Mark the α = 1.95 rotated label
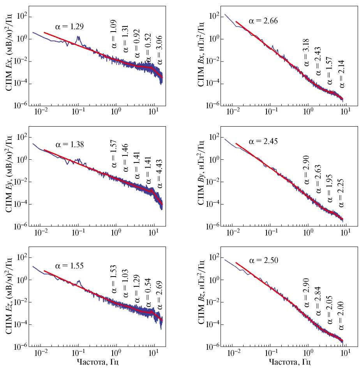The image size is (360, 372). [x=330, y=190]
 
